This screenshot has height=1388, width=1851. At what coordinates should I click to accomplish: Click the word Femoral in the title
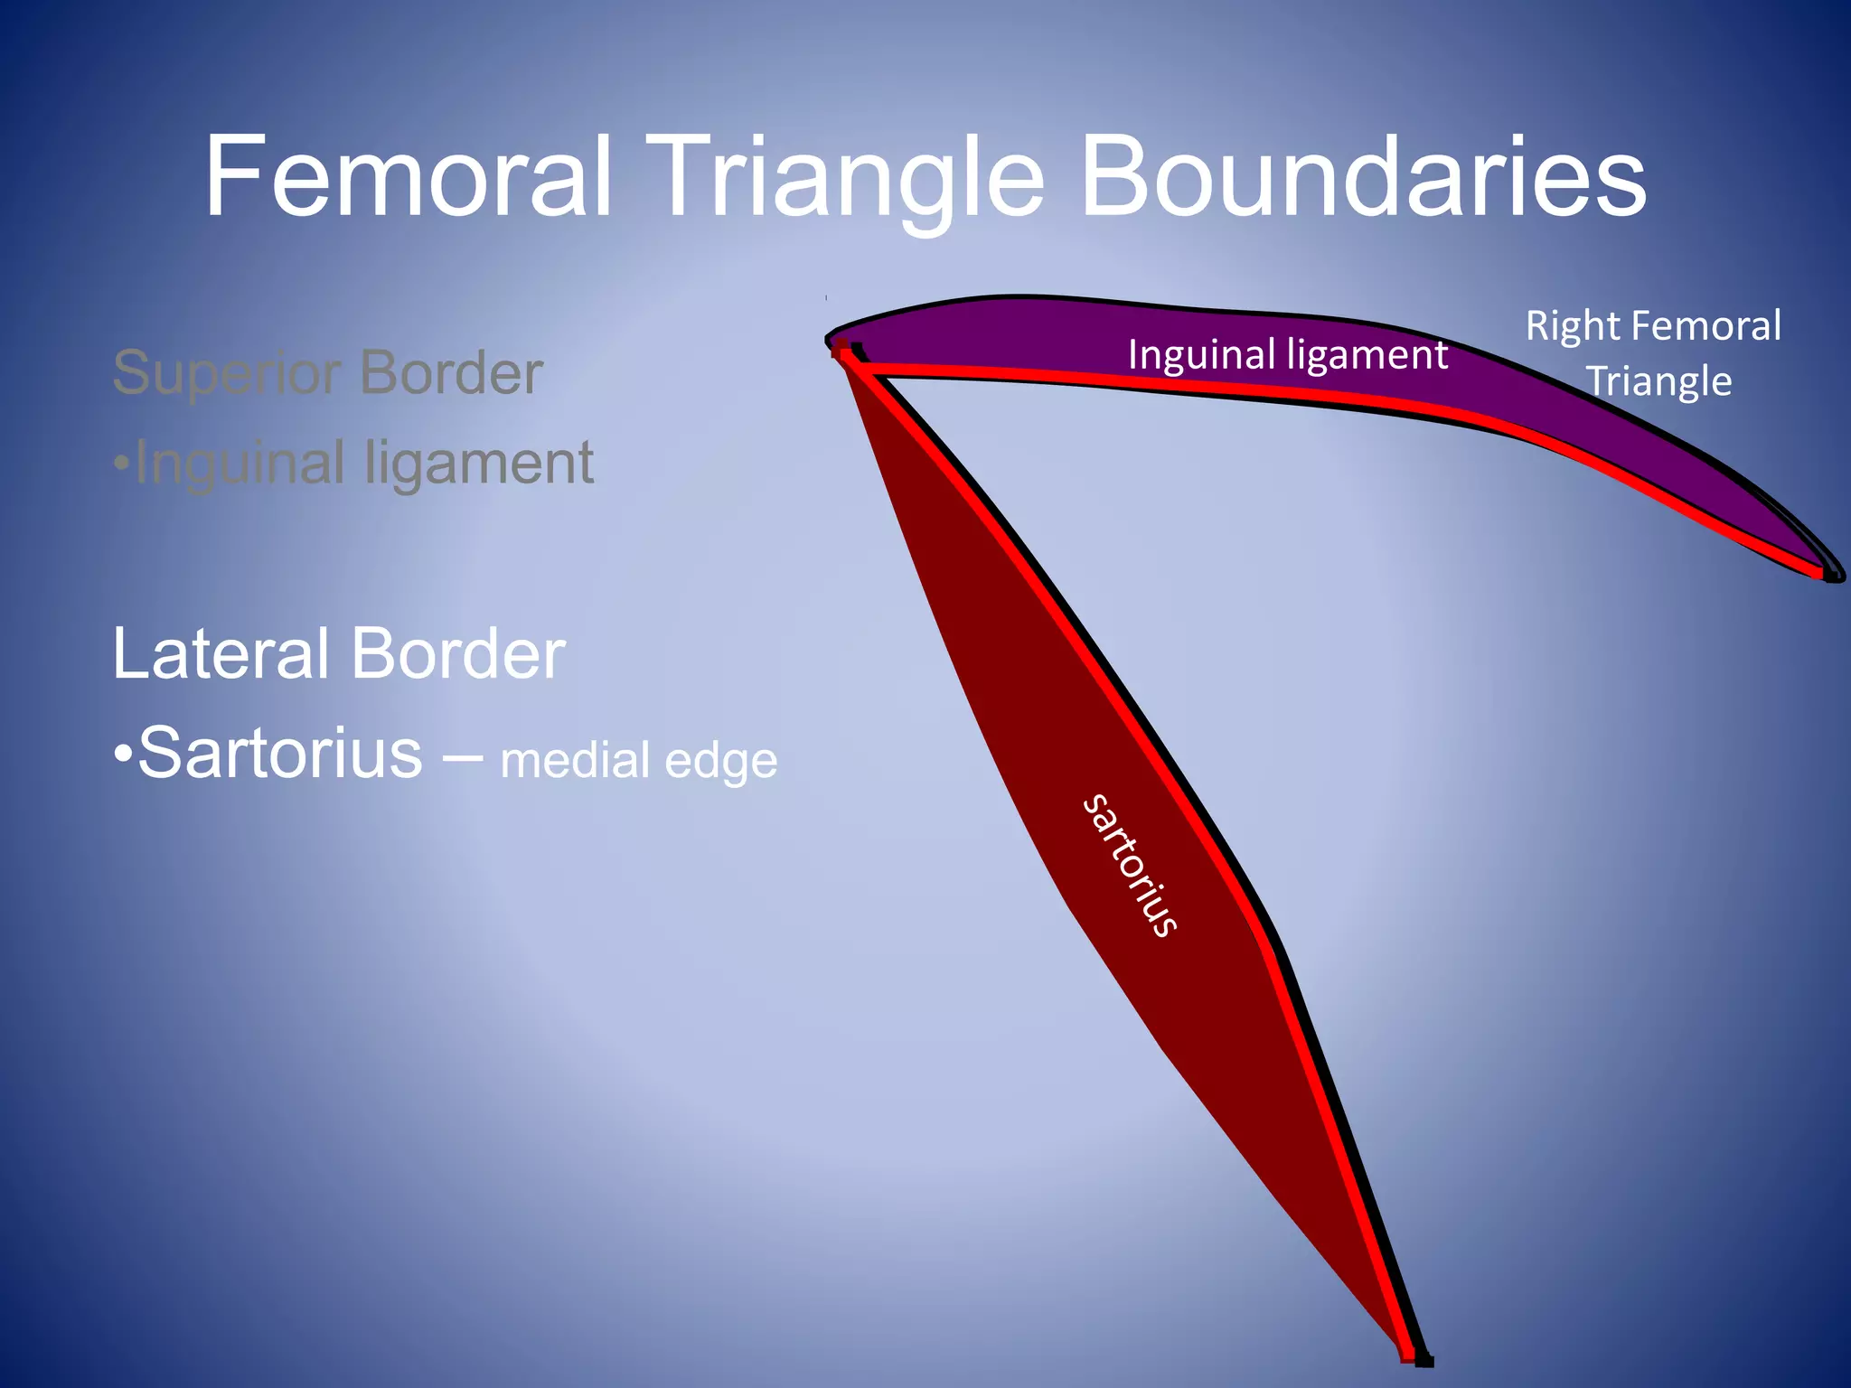tap(409, 176)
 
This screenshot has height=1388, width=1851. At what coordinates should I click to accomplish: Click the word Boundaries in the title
tap(1363, 176)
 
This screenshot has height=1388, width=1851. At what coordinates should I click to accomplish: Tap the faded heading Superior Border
tap(327, 372)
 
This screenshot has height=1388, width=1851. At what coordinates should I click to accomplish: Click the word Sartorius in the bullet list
tap(279, 753)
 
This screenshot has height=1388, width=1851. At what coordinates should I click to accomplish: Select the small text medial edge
tap(638, 760)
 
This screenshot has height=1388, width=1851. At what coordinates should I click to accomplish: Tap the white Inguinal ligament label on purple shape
tap(1287, 354)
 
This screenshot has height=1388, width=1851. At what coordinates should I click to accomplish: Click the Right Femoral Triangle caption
tap(1654, 353)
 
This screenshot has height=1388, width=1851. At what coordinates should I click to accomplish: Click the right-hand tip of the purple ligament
tap(1830, 571)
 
